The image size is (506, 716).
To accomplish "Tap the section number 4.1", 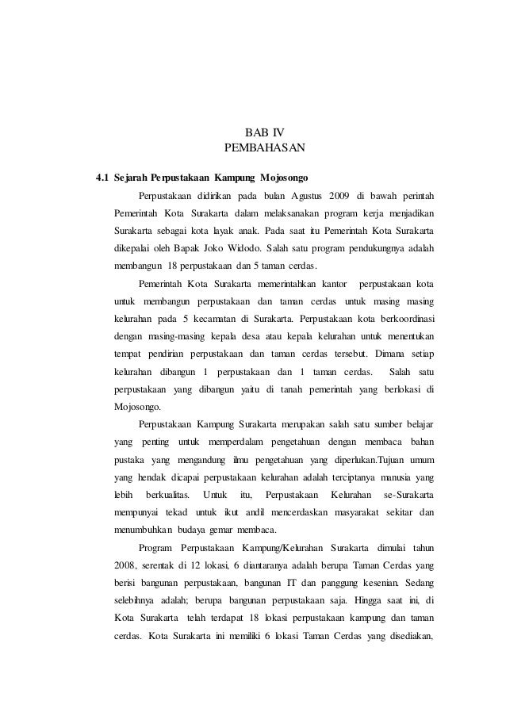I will pyautogui.click(x=102, y=176).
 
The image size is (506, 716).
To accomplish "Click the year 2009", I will pyautogui.click(x=351, y=195).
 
